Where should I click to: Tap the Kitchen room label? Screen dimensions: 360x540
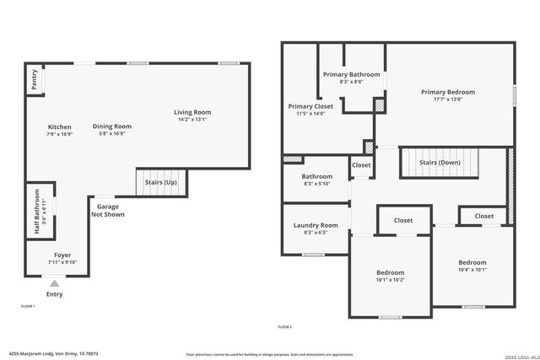(59, 126)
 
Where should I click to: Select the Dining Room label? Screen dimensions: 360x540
(112, 126)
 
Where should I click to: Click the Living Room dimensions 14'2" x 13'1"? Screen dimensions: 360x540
(192, 119)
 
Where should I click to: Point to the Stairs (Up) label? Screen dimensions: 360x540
(161, 182)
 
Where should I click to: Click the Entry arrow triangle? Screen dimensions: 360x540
(54, 284)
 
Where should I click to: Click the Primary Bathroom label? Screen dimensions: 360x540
(352, 74)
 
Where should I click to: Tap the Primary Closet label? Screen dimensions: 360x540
(310, 106)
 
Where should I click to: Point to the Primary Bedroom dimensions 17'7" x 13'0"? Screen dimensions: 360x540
(448, 99)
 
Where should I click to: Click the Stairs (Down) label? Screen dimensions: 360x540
(438, 162)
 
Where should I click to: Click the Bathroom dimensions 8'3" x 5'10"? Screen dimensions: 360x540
(317, 184)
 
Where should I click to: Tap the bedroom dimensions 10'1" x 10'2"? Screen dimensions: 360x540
(390, 280)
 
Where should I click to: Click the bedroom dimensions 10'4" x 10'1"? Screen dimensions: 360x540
(472, 270)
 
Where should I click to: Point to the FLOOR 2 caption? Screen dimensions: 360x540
(284, 326)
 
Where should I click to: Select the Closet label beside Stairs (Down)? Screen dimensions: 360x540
(361, 165)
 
